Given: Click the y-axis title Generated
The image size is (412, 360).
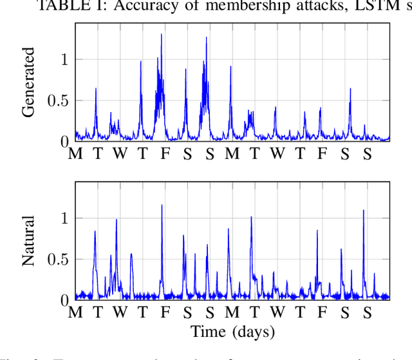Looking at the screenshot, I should point(28,82).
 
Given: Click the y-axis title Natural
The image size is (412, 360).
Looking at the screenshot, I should point(28,242).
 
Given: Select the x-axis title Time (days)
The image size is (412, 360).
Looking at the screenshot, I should point(232,332).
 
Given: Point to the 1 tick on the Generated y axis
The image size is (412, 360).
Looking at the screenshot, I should point(64,59).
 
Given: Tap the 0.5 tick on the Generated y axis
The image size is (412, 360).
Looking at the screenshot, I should point(57,100).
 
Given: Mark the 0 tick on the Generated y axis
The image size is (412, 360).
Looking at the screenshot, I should point(64,141).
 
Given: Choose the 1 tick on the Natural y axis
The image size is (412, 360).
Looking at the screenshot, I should point(64,218).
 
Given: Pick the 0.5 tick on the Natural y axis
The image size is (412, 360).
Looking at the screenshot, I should point(57,260).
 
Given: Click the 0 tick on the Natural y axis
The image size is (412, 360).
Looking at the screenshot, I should point(64,301).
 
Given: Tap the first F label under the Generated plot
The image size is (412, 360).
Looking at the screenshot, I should point(165,155).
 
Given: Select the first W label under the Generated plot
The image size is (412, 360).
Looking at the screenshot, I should point(120,155).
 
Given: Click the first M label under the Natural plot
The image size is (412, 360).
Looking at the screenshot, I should point(75,314).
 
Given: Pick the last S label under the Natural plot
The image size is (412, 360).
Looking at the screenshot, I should point(367,314).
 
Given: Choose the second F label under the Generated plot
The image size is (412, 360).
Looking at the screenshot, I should point(323,155).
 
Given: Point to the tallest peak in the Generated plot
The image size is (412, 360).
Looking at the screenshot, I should point(162,35).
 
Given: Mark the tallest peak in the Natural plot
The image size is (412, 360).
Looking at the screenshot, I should point(162,206).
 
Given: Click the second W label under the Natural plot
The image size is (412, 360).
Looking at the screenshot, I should point(277,314).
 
